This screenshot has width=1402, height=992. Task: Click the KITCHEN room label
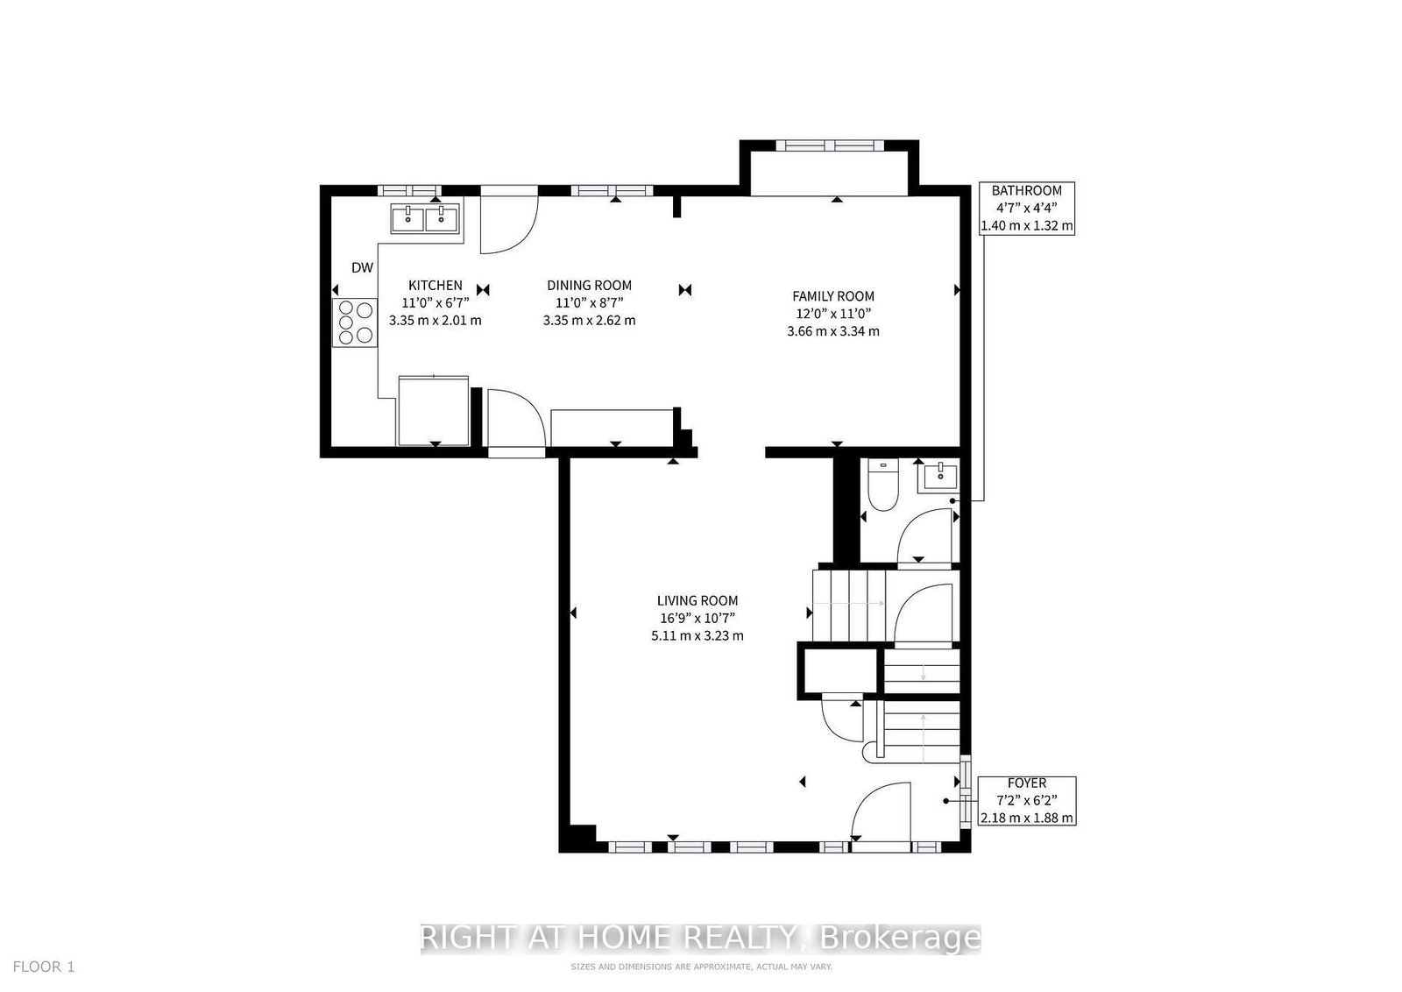coord(435,286)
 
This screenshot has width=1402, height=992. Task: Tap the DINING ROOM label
coord(589,286)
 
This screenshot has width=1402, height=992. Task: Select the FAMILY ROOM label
coord(833,296)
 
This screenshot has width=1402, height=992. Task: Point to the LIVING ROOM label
coord(697,601)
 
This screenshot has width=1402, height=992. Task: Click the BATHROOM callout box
coord(1026,208)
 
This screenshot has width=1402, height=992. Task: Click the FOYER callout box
coord(1026,800)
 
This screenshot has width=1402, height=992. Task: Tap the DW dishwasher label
coord(362,268)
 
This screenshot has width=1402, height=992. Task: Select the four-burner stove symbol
coord(353,322)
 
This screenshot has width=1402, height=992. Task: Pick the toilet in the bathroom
coord(881,487)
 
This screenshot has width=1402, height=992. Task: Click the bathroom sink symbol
coord(938,478)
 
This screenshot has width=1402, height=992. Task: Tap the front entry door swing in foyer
coord(879,811)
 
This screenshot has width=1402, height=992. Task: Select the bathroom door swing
coord(924,535)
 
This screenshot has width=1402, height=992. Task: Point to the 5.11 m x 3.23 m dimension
coord(697,635)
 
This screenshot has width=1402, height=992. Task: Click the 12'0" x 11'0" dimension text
coord(833,314)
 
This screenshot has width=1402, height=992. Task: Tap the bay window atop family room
coord(828,146)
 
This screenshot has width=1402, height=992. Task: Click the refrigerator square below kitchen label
coord(434,409)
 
